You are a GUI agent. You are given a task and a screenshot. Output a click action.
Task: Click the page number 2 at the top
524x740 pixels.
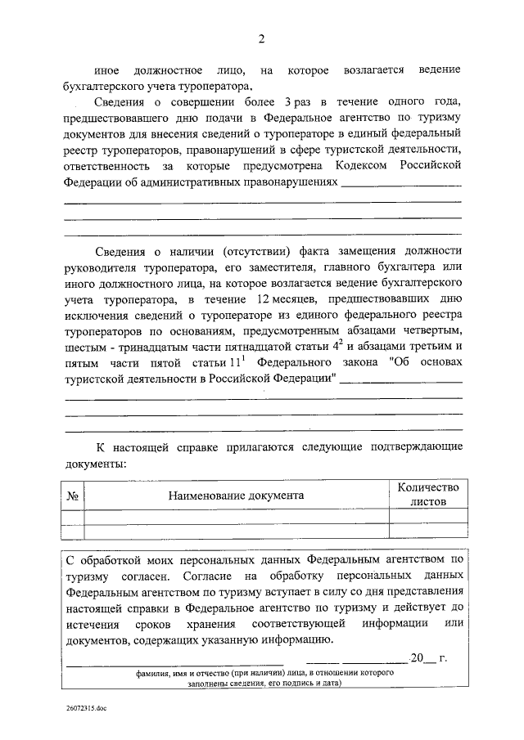(x=262, y=38)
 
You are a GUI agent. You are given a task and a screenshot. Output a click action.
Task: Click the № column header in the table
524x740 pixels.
(x=72, y=496)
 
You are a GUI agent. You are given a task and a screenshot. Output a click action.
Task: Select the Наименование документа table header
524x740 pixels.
(x=236, y=496)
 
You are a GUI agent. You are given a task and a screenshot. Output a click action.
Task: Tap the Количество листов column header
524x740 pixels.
(x=428, y=495)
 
